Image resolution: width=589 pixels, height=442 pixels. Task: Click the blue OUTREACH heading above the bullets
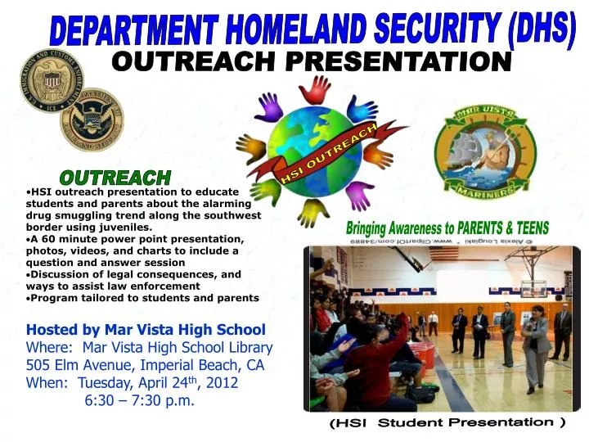(x=115, y=177)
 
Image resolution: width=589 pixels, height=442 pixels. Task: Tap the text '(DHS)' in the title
(x=537, y=27)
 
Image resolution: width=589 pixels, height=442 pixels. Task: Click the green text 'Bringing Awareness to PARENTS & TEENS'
(x=447, y=228)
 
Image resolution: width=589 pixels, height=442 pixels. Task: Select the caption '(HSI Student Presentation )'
(x=447, y=423)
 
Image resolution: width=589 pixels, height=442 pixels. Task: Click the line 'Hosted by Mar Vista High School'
(x=146, y=330)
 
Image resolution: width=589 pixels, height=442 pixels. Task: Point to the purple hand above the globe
(x=269, y=106)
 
